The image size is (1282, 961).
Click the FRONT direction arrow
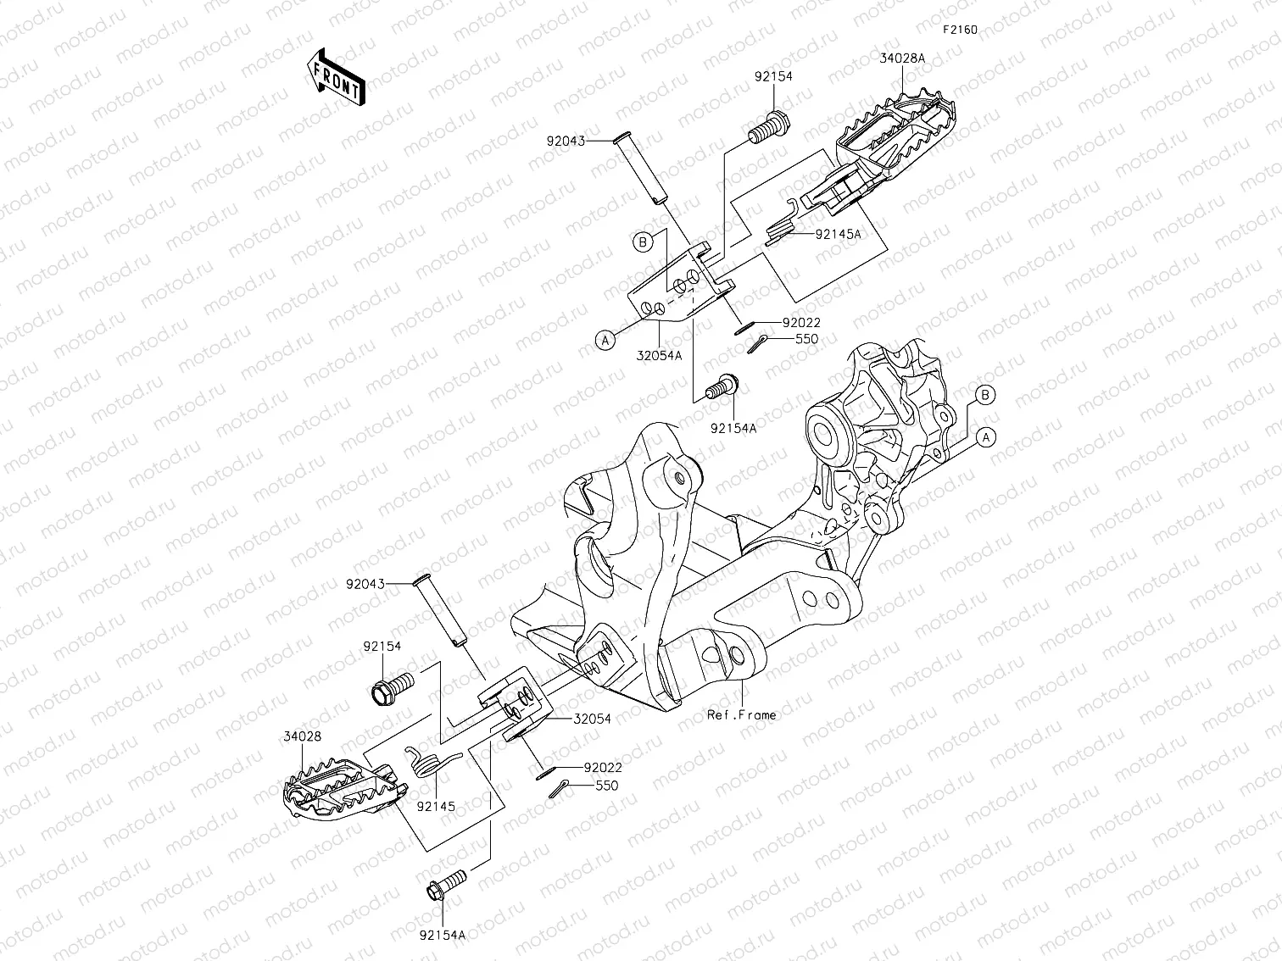[336, 77]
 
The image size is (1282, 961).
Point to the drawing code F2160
[961, 30]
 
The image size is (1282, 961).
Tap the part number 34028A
[903, 58]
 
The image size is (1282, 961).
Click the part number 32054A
[660, 356]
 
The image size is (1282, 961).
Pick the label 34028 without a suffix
[303, 736]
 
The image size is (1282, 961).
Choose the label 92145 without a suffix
[436, 806]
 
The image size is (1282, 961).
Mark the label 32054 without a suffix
[592, 719]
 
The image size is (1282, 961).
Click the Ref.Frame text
[742, 714]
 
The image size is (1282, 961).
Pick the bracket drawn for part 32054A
[678, 286]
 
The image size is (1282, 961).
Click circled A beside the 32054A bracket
[605, 340]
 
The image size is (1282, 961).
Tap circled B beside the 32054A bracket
[643, 242]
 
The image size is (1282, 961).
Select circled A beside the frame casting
[985, 437]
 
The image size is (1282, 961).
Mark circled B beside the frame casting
[984, 395]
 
